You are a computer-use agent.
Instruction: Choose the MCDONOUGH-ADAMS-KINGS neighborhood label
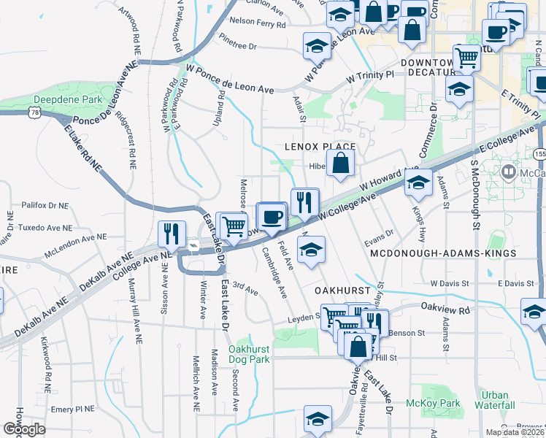pyautogui.click(x=443, y=253)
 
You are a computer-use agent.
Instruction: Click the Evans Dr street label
pyautogui.click(x=379, y=233)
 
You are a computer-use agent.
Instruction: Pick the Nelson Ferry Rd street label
pyautogui.click(x=258, y=23)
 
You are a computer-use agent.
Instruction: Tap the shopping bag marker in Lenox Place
pyautogui.click(x=341, y=164)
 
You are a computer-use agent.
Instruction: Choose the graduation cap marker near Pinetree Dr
pyautogui.click(x=318, y=47)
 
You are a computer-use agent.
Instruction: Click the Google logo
pyautogui.click(x=25, y=429)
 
